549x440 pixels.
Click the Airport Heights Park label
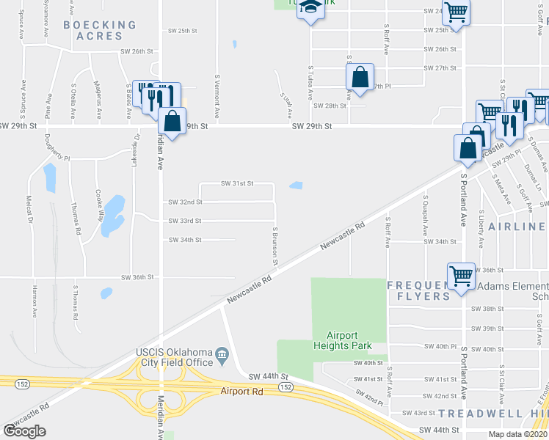[343, 340]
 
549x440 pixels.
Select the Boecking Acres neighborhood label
[100, 30]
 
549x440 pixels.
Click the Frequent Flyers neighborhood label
[418, 290]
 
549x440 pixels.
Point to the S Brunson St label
[275, 246]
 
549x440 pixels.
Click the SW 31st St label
[236, 183]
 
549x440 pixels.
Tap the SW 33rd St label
[185, 221]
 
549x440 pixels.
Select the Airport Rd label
[241, 392]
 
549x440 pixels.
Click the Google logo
[24, 430]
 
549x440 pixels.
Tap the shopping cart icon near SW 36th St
[461, 276]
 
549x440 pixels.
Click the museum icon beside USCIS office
[222, 360]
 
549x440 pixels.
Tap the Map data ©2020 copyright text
[517, 434]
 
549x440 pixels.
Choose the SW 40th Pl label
[440, 347]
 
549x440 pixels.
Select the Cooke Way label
[98, 206]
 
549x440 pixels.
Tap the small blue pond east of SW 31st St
[296, 186]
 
